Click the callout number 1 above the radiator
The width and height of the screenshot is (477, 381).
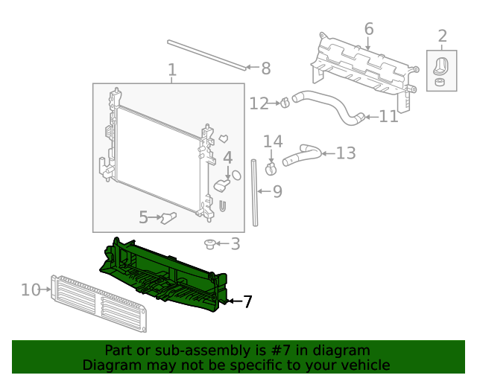click(172, 71)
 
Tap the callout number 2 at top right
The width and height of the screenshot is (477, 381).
click(442, 36)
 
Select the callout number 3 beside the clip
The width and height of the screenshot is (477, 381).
click(235, 243)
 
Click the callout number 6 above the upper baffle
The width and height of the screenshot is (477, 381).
click(368, 29)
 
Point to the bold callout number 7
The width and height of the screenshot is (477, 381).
click(247, 301)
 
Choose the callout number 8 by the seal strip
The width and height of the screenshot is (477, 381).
click(265, 68)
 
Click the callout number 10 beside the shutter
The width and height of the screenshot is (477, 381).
click(31, 289)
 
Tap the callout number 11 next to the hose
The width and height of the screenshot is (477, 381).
click(388, 117)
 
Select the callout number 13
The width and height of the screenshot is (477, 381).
click(346, 153)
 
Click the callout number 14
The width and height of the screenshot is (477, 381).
click(273, 141)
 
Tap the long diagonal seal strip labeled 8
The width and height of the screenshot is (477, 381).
click(206, 54)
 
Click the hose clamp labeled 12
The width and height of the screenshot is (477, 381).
click(284, 103)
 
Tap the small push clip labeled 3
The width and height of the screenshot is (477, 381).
click(211, 244)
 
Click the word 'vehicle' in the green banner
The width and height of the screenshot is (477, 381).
click(362, 365)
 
